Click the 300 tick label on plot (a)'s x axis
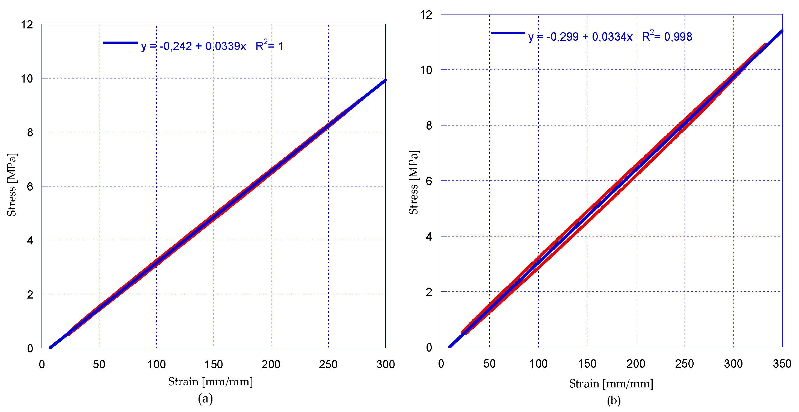click(x=385, y=364)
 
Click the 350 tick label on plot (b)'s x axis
click(x=782, y=364)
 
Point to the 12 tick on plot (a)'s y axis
click(x=27, y=25)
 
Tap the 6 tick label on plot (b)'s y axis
click(x=429, y=181)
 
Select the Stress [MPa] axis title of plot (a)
click(x=12, y=185)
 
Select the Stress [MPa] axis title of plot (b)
click(x=413, y=183)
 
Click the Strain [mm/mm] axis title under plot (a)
click(x=210, y=382)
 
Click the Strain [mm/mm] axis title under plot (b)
click(x=611, y=384)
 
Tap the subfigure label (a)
click(x=205, y=398)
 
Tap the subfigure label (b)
click(x=614, y=400)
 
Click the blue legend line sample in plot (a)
click(x=120, y=43)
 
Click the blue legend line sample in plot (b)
click(x=507, y=33)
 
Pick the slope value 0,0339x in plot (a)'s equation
click(x=226, y=46)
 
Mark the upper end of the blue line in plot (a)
click(x=385, y=81)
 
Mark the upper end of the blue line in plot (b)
click(x=782, y=31)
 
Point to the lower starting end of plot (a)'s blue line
click(x=51, y=347)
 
